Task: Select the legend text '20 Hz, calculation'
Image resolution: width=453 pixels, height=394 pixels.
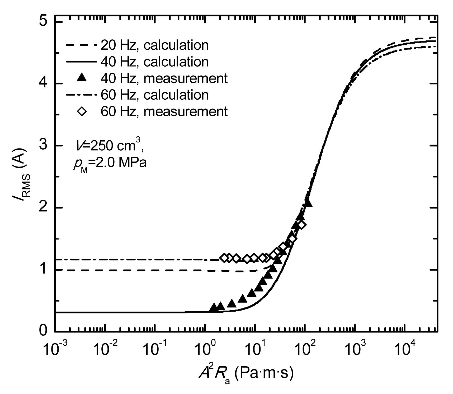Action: pyautogui.click(x=154, y=45)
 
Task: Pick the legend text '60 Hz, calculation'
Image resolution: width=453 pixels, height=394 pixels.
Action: pyautogui.click(x=154, y=95)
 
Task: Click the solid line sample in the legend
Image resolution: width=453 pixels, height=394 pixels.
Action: pyautogui.click(x=81, y=62)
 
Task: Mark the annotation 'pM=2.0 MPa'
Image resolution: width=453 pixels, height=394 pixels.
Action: pyautogui.click(x=110, y=164)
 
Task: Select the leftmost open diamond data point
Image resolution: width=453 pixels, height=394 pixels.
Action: pyautogui.click(x=224, y=258)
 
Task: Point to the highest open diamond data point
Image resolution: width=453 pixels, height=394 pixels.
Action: pyautogui.click(x=302, y=225)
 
